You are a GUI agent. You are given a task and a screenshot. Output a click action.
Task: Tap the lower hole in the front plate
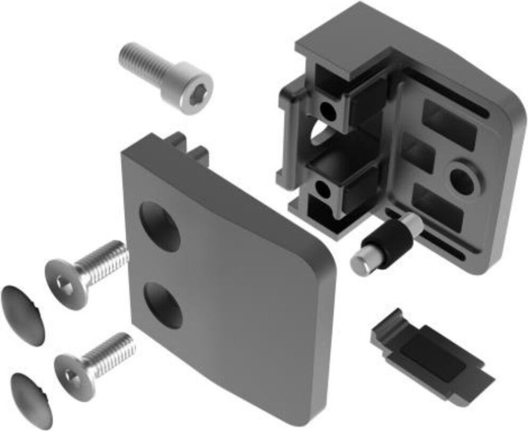pyautogui.click(x=162, y=304)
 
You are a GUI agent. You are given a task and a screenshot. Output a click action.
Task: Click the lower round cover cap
pyautogui.click(x=31, y=394)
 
